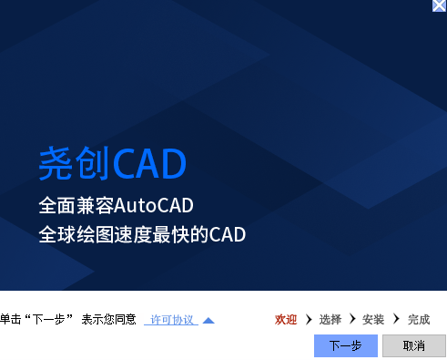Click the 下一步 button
(345, 345)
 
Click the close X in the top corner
(439, 5)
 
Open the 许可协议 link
(172, 320)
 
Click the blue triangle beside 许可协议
(208, 320)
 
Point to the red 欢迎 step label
(286, 320)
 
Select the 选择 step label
(330, 320)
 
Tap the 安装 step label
(373, 320)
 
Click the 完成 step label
(419, 320)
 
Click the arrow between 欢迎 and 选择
(310, 320)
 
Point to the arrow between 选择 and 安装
(352, 320)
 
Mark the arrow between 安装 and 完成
(396, 320)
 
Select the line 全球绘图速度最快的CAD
(142, 233)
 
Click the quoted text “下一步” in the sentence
(47, 320)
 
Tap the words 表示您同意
(108, 320)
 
